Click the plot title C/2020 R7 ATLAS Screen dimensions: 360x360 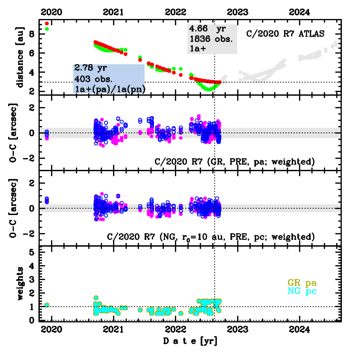285,34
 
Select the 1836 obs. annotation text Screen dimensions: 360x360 211,38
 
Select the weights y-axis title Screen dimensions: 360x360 19,284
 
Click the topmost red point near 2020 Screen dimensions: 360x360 47,23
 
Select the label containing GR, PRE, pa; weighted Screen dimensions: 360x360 234,161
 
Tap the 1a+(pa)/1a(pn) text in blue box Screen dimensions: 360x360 110,89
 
